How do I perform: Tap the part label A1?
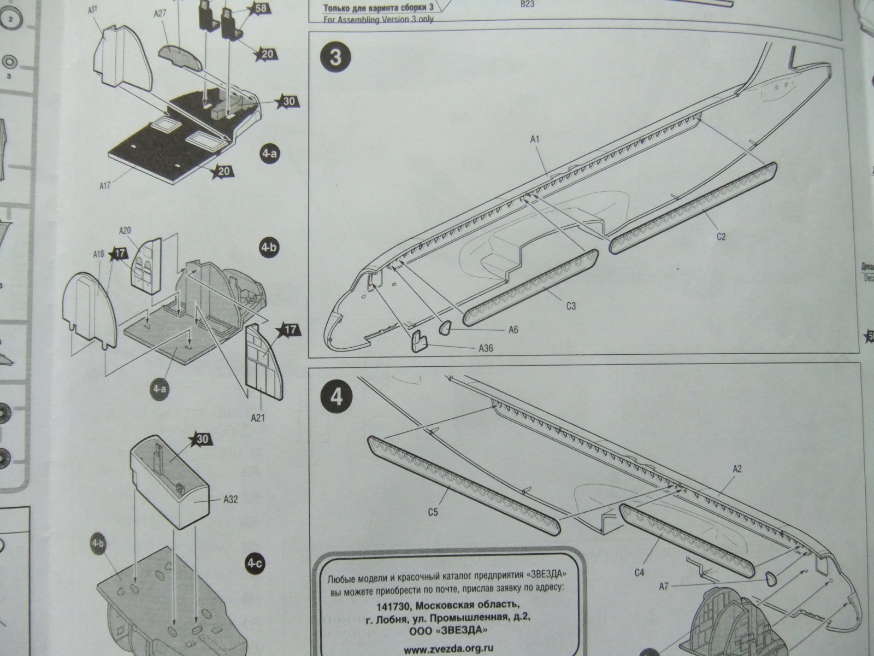click(x=535, y=140)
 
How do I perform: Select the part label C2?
click(x=721, y=236)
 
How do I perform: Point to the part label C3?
click(x=571, y=306)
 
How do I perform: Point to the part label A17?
click(x=105, y=186)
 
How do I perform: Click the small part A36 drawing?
click(x=418, y=341)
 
